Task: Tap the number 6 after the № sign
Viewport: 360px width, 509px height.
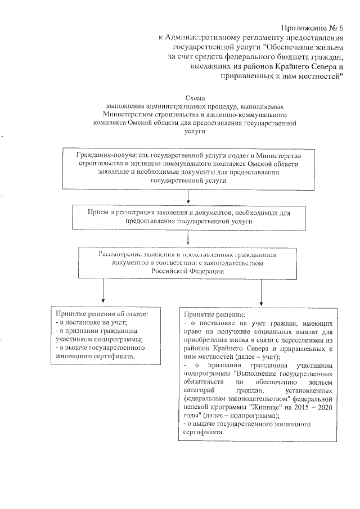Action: [340, 28]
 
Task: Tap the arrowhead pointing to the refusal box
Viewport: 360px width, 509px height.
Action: [103, 301]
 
